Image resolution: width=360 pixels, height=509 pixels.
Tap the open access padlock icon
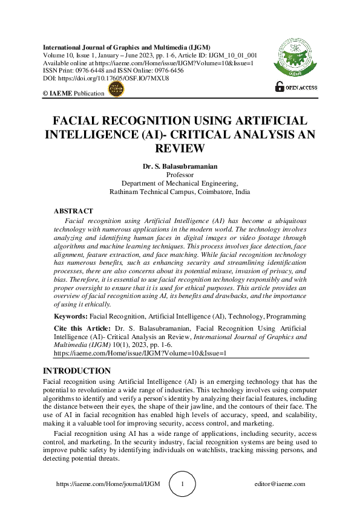click(279, 86)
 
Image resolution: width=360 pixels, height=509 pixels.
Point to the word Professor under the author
click(180, 175)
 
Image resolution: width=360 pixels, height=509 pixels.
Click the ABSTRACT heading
click(73, 211)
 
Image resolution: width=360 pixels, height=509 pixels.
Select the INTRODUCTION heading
click(77, 371)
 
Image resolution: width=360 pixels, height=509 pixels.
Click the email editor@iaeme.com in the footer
click(280, 484)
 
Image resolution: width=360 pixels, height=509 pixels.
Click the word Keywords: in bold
click(71, 316)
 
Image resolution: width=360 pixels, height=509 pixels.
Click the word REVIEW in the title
click(180, 148)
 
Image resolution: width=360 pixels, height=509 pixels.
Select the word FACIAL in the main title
click(79, 120)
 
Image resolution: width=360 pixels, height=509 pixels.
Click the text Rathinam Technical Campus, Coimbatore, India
click(180, 192)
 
